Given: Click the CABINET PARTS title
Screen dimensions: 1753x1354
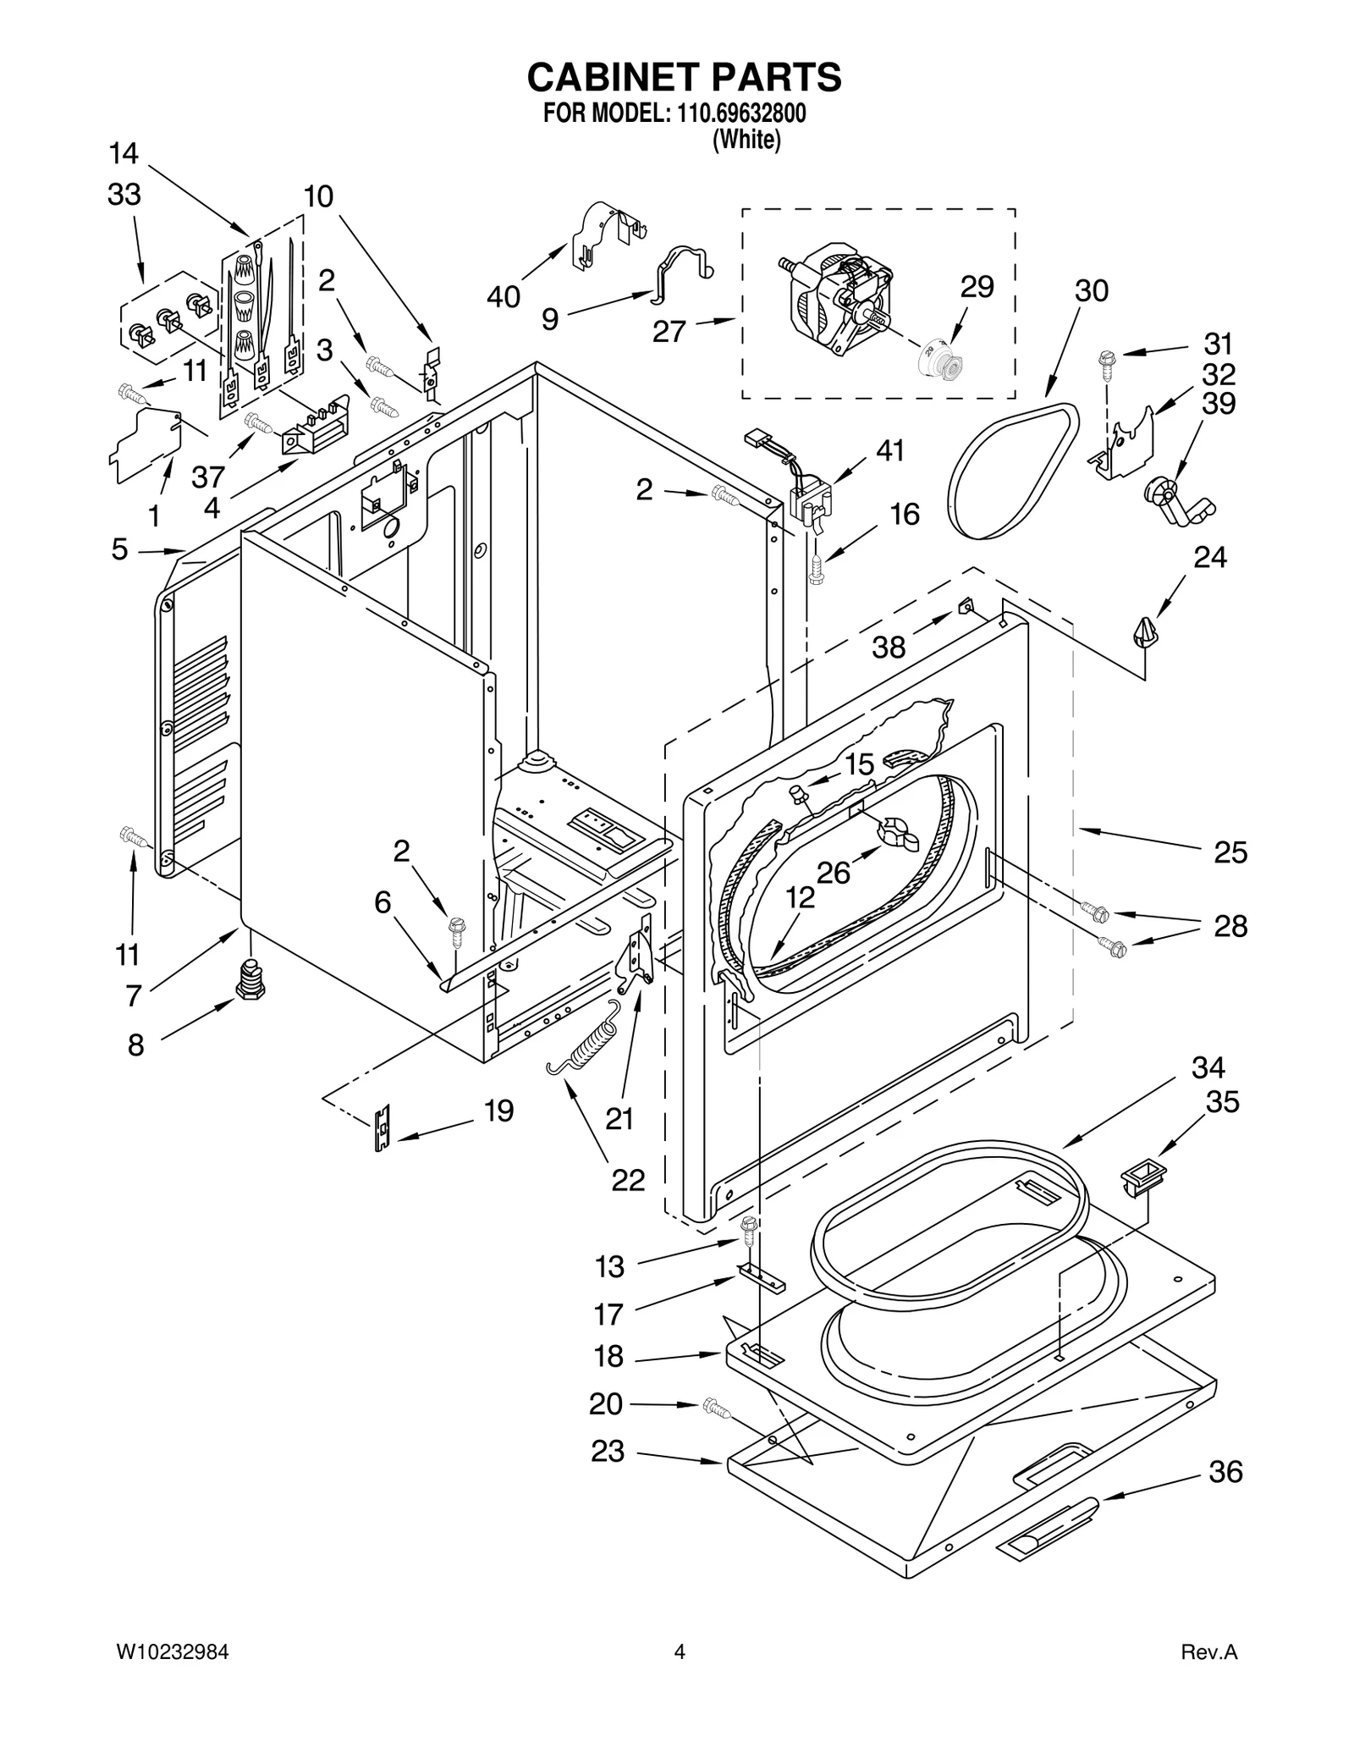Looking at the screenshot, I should point(684,77).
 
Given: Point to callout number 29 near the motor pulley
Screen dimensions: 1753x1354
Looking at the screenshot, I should point(977,288).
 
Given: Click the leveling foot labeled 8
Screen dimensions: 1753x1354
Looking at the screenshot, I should point(250,981).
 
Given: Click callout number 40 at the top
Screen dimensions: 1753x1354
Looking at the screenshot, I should point(504,297).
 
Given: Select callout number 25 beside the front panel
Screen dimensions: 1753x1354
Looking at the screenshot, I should point(1230,852).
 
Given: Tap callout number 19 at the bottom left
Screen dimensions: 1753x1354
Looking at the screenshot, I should point(498,1111).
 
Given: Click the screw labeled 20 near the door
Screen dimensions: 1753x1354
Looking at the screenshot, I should point(716,1408).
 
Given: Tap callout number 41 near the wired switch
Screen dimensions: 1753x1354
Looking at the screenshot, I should point(889,450).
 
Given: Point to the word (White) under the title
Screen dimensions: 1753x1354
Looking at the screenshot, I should point(746,140).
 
